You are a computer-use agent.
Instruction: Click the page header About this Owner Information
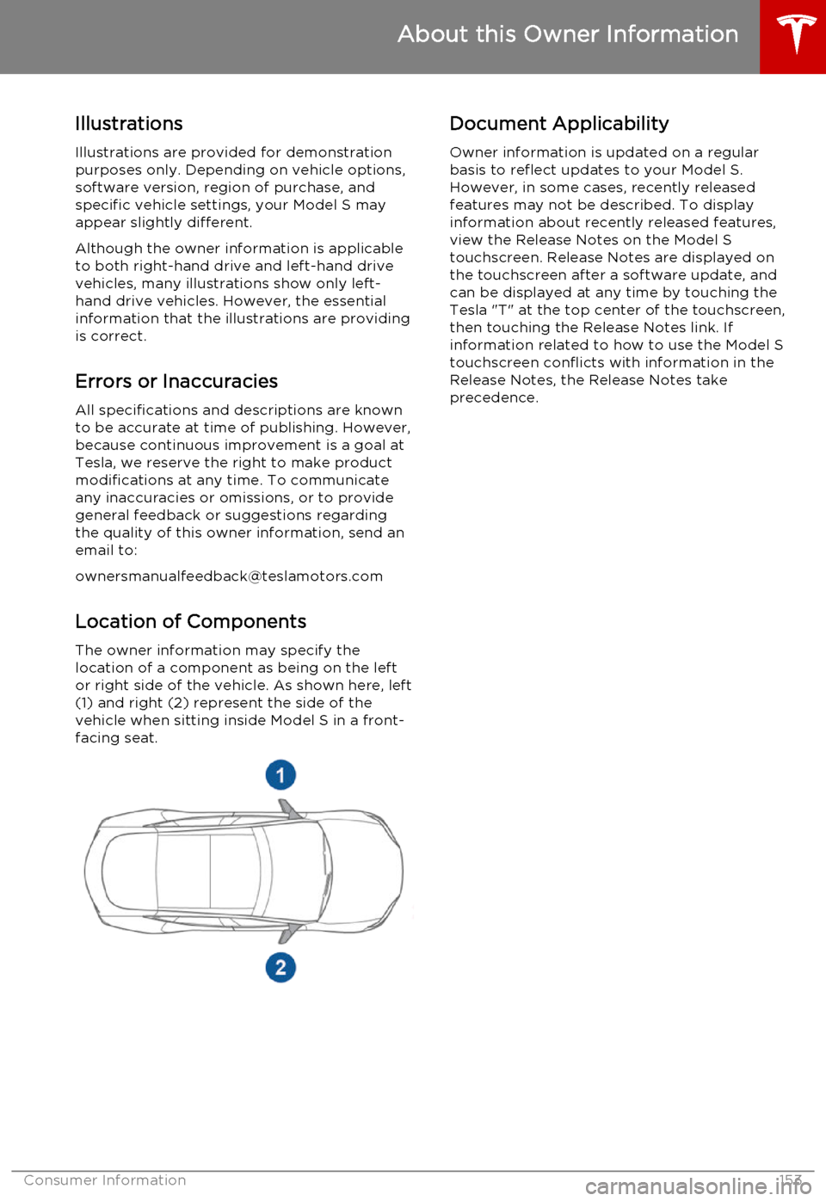click(568, 34)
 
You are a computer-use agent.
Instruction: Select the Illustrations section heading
click(129, 124)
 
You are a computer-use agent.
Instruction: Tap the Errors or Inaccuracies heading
click(176, 381)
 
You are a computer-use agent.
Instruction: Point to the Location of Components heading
click(191, 621)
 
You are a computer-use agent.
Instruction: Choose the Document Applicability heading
click(559, 124)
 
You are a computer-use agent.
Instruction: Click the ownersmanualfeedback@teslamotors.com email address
click(229, 576)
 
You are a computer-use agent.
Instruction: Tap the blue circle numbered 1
click(280, 775)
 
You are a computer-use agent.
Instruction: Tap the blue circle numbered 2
click(280, 968)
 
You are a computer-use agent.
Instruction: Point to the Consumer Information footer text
click(105, 1180)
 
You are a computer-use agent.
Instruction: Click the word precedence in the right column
click(493, 397)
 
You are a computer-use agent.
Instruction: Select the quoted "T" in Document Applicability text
click(502, 310)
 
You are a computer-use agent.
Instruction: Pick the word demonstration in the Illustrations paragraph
click(339, 152)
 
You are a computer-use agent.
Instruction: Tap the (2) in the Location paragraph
click(178, 703)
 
